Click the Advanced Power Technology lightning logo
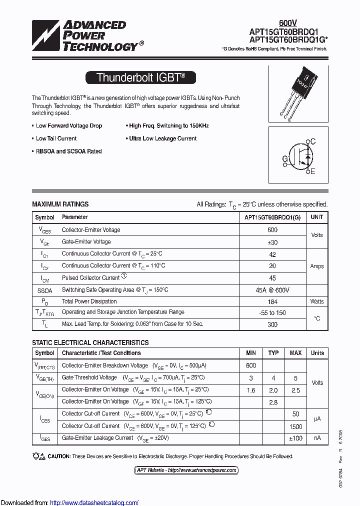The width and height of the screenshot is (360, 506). (45, 36)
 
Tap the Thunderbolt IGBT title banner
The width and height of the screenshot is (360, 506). (140, 77)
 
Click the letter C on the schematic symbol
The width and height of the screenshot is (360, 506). (313, 142)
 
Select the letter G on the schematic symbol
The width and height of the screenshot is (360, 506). (285, 159)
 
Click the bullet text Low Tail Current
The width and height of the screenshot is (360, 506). (56, 138)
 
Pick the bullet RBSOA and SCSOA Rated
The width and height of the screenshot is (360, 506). (68, 151)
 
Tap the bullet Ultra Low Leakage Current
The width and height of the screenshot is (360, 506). (162, 138)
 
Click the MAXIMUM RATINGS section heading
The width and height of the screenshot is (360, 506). (60, 204)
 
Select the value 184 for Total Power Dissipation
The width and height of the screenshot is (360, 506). (272, 301)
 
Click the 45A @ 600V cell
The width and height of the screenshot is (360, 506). (272, 290)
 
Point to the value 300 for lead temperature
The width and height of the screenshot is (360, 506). (272, 324)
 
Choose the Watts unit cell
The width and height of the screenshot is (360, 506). (316, 301)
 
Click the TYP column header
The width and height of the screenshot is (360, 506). (273, 353)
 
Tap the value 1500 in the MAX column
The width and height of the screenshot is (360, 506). (296, 426)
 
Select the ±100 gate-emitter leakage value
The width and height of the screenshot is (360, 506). (296, 438)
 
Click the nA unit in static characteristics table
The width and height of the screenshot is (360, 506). (317, 438)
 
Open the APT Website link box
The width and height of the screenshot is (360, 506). (186, 470)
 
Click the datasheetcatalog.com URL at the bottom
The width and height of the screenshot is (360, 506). (94, 502)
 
